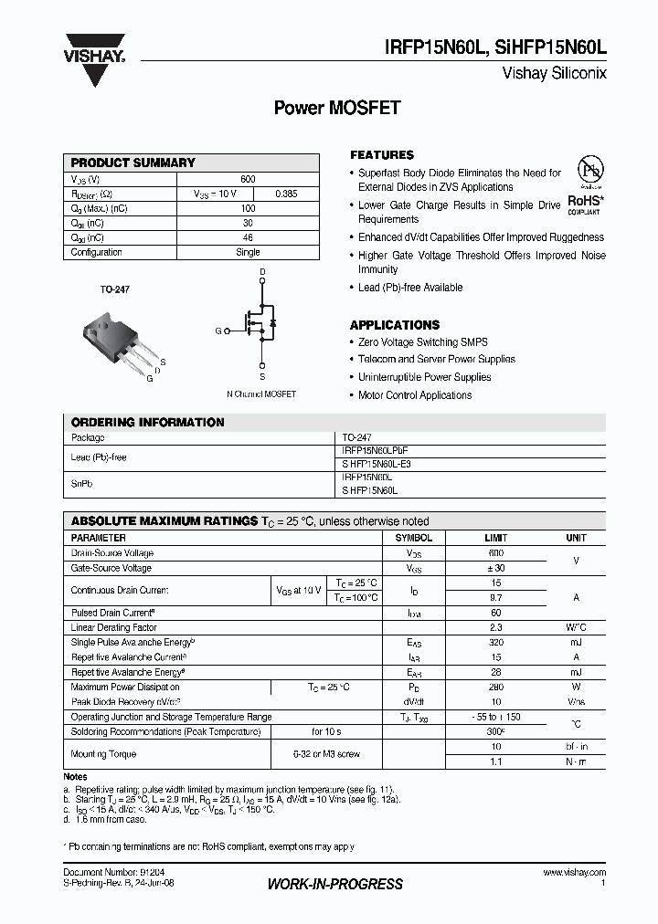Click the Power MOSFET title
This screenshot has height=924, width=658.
337,108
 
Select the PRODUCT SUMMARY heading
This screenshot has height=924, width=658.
133,163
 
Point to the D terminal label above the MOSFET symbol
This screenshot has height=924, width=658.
262,272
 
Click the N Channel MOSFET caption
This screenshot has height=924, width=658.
261,394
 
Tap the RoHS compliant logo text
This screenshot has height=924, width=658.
584,201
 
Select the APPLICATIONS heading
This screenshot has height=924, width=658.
395,325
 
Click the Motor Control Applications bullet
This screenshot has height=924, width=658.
415,395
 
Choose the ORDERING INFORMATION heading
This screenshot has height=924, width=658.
147,423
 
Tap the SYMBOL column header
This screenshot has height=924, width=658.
413,538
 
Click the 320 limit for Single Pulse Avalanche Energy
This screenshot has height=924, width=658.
495,643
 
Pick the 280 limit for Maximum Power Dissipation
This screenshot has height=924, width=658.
495,687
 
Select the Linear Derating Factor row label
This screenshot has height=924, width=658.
114,628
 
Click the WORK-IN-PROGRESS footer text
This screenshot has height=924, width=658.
334,884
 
